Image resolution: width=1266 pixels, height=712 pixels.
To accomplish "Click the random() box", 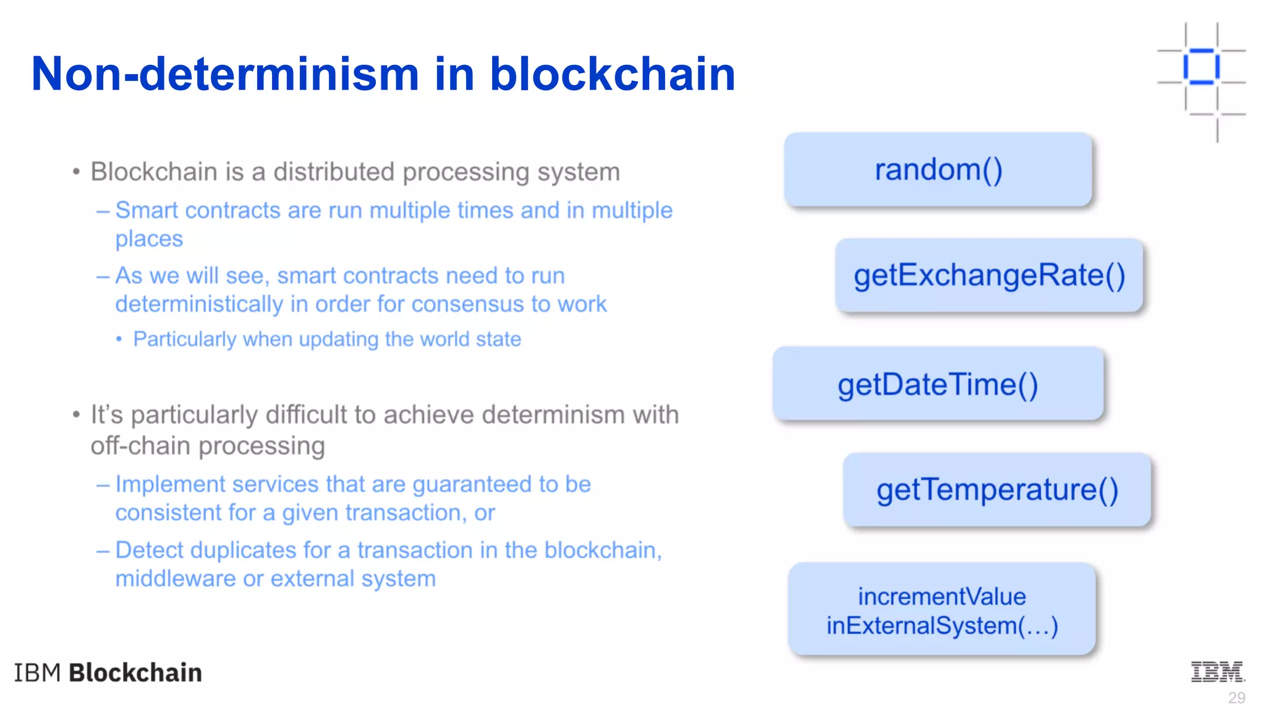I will point(938,169).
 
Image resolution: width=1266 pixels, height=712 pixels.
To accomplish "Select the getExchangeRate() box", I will point(989,276).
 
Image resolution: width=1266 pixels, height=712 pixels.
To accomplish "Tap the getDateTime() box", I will point(938,384).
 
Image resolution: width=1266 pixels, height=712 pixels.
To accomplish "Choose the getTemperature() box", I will point(997,490).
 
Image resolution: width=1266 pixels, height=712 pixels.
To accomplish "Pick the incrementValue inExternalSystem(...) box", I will point(941,610).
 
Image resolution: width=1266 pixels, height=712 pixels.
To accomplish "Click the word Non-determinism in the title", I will point(225,74).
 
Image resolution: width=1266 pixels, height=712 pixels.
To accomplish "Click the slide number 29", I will point(1236,698).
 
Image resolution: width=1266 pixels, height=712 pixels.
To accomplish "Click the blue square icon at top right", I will point(1201,66).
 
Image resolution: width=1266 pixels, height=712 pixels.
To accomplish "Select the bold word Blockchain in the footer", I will point(135,672).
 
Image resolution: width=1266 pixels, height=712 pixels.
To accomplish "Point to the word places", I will point(149,239).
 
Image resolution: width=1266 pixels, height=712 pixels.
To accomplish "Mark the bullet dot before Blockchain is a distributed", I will point(76,172).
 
